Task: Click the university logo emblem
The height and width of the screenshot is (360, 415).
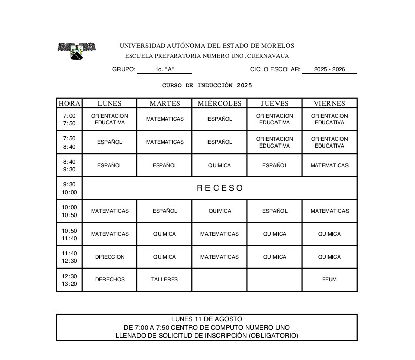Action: (77, 50)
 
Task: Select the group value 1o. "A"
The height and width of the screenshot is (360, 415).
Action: (164, 69)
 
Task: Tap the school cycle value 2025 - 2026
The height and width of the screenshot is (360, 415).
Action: (329, 69)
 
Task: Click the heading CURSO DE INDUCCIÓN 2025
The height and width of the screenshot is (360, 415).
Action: (207, 85)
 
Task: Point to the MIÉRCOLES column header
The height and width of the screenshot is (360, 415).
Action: (220, 103)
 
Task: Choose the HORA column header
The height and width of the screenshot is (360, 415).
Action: (70, 103)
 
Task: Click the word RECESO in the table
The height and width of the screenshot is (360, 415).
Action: (220, 188)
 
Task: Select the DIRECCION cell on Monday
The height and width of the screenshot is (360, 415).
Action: (110, 257)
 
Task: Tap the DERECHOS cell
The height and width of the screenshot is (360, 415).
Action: (110, 279)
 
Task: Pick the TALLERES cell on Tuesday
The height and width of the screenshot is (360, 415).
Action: (165, 279)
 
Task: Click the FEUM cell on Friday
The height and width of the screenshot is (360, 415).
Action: (329, 279)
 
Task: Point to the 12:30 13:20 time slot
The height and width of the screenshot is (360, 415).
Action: (70, 280)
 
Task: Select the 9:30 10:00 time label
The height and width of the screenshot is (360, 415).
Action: (70, 188)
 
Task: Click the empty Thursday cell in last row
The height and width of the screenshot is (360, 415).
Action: (274, 280)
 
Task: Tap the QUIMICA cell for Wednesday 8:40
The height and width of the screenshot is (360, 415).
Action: (220, 165)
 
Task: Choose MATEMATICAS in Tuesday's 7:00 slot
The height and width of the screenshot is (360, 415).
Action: (165, 119)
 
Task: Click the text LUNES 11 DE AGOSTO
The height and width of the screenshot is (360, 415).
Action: (206, 319)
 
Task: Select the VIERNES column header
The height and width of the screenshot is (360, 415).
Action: (329, 103)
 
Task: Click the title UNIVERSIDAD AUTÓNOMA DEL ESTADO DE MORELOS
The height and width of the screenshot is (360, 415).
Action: (207, 46)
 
